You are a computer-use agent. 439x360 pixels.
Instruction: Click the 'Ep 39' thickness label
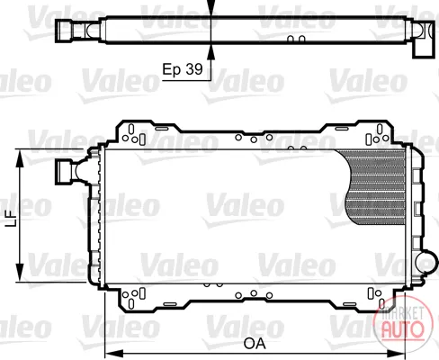pyautogui.click(x=183, y=69)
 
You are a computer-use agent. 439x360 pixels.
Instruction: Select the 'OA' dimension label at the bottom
pyautogui.click(x=255, y=344)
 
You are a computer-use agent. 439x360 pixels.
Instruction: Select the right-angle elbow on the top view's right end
pyautogui.click(x=424, y=39)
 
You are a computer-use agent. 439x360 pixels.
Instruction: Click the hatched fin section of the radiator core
pyautogui.click(x=374, y=186)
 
